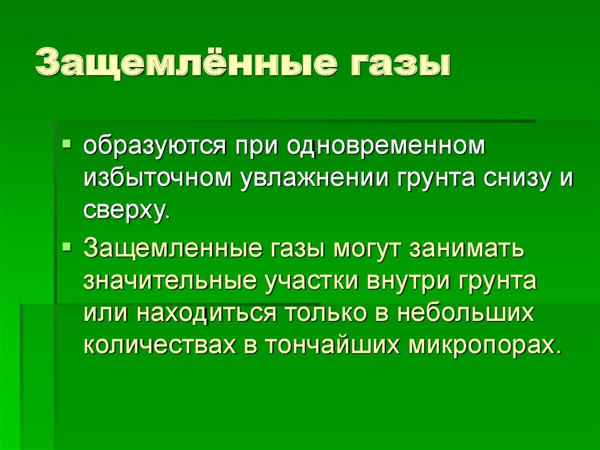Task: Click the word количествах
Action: coord(158,345)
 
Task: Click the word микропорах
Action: coord(480,345)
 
